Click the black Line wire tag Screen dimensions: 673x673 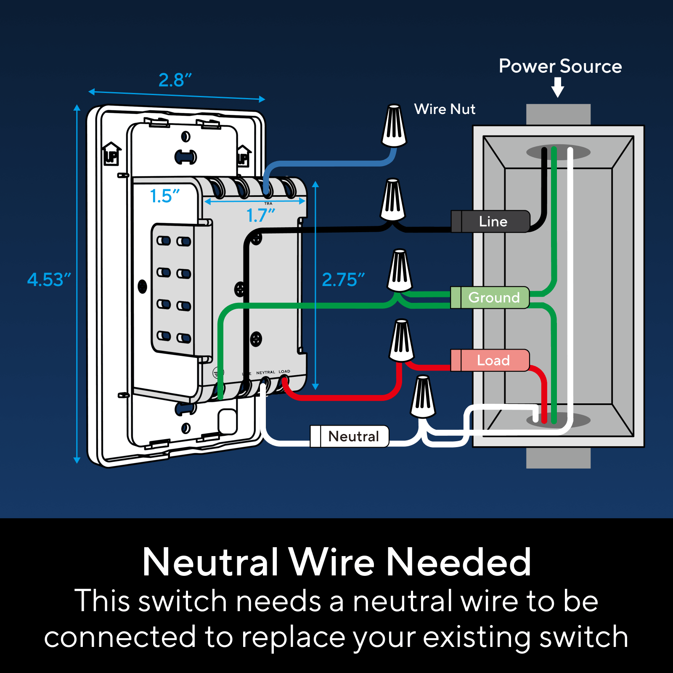coord(492,222)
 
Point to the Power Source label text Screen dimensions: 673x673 coord(560,66)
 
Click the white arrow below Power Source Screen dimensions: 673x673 coord(558,87)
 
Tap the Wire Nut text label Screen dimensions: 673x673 coord(445,109)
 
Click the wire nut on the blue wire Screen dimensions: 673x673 coord(394,126)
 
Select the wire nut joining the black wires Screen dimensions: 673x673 coord(392,200)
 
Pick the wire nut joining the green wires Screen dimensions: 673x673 coord(400,271)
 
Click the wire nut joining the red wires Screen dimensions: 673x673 coord(402,341)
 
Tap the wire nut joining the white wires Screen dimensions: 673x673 coord(423,397)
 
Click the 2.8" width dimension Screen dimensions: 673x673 coord(175,80)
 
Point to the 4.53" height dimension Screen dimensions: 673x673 coord(48,280)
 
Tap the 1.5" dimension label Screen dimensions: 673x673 coord(164,196)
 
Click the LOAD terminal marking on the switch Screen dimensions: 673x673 coord(284,371)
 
